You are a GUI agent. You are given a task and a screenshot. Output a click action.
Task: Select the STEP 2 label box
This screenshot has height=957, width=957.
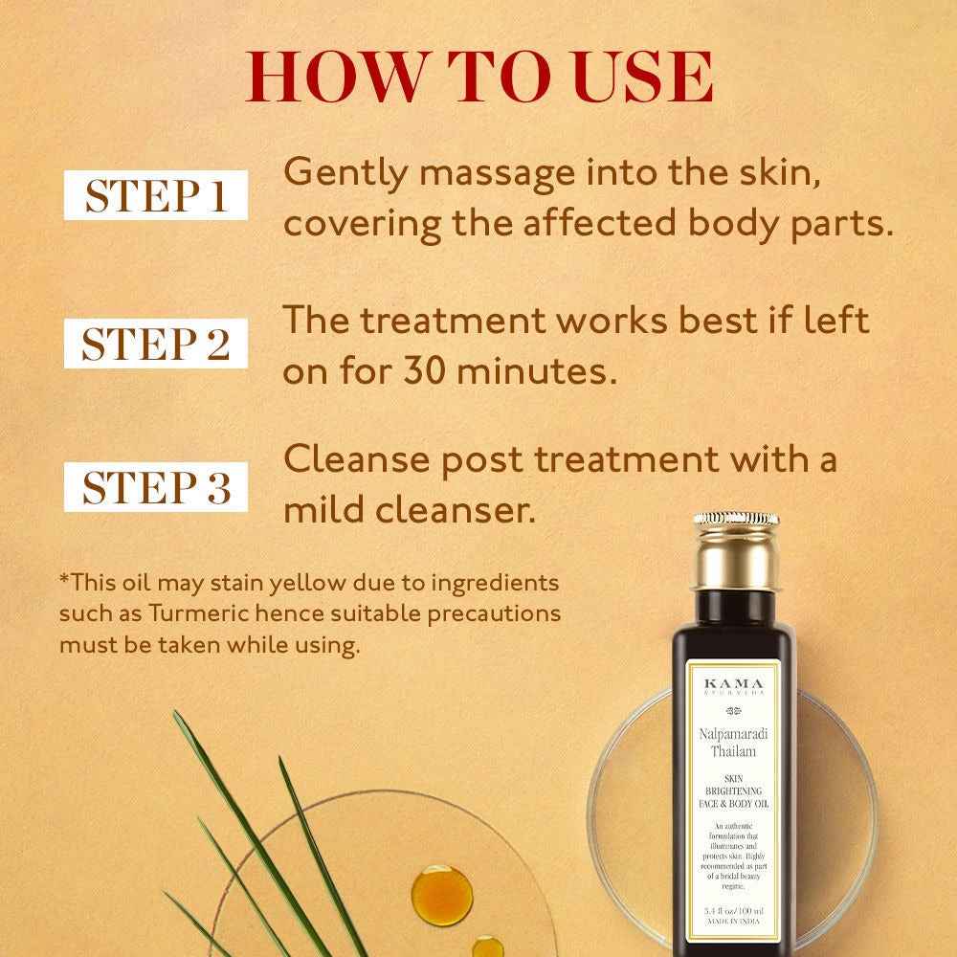pos(156,342)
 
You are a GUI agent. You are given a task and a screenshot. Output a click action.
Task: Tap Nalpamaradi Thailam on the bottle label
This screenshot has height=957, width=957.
pos(736,742)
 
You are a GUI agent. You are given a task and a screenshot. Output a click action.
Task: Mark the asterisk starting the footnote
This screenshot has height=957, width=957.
pos(64,581)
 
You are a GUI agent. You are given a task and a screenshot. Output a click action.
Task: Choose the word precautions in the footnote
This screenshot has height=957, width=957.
pos(490,612)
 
